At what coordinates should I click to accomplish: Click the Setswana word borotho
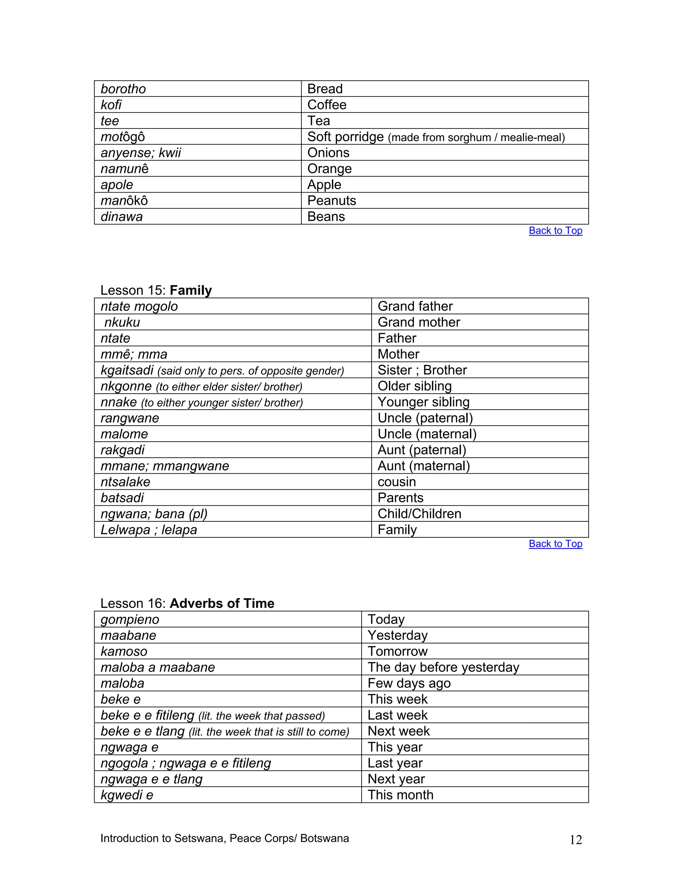(123, 89)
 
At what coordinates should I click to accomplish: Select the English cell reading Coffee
(326, 105)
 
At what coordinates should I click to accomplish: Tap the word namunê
(125, 169)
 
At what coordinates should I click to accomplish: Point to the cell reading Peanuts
(331, 201)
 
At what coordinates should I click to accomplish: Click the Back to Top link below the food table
(555, 231)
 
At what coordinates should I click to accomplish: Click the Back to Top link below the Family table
(555, 544)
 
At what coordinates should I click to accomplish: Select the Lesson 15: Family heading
(156, 290)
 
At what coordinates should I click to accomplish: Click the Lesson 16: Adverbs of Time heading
(187, 603)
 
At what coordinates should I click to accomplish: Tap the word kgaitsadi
(127, 370)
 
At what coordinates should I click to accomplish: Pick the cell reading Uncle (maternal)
(427, 434)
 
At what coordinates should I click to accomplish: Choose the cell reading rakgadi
(123, 450)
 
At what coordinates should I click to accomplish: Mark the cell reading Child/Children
(419, 514)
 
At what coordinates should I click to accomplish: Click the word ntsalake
(125, 482)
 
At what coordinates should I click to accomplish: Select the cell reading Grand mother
(419, 322)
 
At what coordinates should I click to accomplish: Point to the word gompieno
(130, 620)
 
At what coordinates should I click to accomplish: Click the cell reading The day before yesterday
(443, 668)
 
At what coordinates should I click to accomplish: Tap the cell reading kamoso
(124, 652)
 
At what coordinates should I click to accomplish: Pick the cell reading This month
(400, 795)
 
